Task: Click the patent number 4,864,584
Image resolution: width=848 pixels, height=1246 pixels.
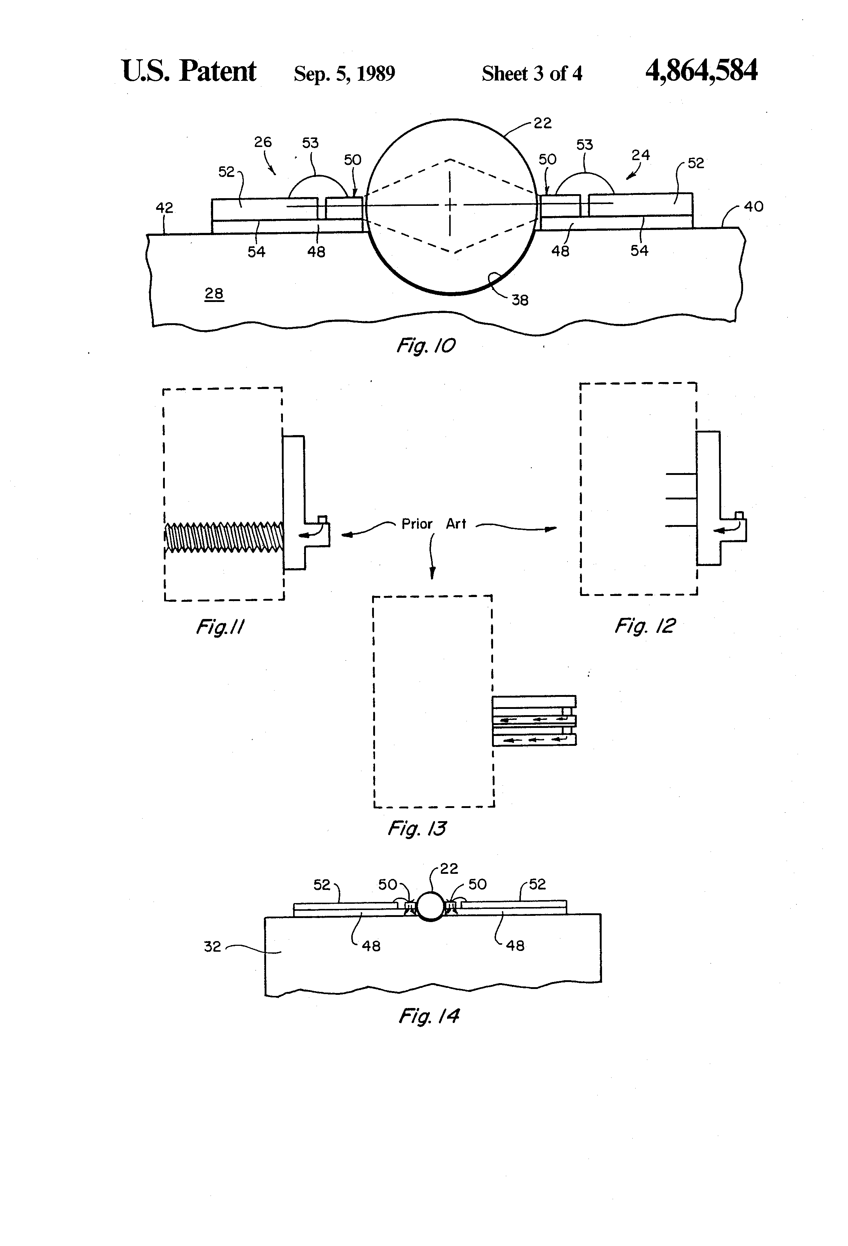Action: pyautogui.click(x=701, y=71)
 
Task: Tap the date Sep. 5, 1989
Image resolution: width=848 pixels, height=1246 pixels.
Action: pyautogui.click(x=344, y=73)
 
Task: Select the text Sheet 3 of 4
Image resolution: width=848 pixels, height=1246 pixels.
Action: pyautogui.click(x=532, y=73)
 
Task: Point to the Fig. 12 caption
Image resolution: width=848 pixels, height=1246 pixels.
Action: pyautogui.click(x=644, y=626)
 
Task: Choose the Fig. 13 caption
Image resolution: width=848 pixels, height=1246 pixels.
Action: pyautogui.click(x=417, y=828)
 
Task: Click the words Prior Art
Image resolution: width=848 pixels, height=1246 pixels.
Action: pyautogui.click(x=434, y=524)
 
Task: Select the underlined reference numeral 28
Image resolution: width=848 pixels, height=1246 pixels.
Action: pyautogui.click(x=214, y=294)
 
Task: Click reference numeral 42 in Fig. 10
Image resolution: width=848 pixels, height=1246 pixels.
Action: pyautogui.click(x=164, y=208)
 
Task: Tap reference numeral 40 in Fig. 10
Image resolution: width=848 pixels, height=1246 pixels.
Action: pyautogui.click(x=754, y=207)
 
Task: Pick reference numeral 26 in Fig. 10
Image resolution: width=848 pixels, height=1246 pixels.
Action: pyautogui.click(x=263, y=142)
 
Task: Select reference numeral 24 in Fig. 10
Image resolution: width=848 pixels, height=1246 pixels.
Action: pyautogui.click(x=640, y=155)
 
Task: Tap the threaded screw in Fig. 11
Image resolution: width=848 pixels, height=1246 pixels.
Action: pyautogui.click(x=224, y=537)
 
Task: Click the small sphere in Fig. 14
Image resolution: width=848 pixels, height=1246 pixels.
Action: pyautogui.click(x=431, y=906)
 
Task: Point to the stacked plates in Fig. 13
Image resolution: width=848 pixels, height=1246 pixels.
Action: pyautogui.click(x=534, y=721)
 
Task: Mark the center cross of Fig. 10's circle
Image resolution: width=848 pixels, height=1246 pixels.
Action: pyautogui.click(x=450, y=204)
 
